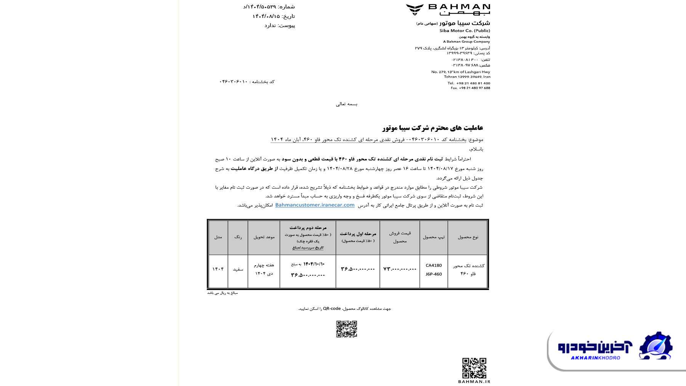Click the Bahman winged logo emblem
pos(415,10)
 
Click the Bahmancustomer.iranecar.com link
pos(315,205)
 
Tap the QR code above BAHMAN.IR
pos(474,368)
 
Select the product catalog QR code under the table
pos(346,329)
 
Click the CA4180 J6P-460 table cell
pos(434,270)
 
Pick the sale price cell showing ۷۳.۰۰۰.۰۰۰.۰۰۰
pos(399,269)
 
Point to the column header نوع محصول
pos(468,237)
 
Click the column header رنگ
pos(238,237)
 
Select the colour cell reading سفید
pos(238,269)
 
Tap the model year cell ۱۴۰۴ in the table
pos(218,269)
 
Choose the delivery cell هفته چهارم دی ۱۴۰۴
pos(264,269)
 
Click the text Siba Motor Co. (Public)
pos(465,30)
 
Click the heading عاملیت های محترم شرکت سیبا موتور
pos(433,128)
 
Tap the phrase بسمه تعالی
pos(346,104)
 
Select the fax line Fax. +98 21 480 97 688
pos(470,88)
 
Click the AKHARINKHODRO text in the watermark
pos(595,358)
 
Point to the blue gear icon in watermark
pos(656,346)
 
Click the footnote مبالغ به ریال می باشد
pos(222,293)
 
